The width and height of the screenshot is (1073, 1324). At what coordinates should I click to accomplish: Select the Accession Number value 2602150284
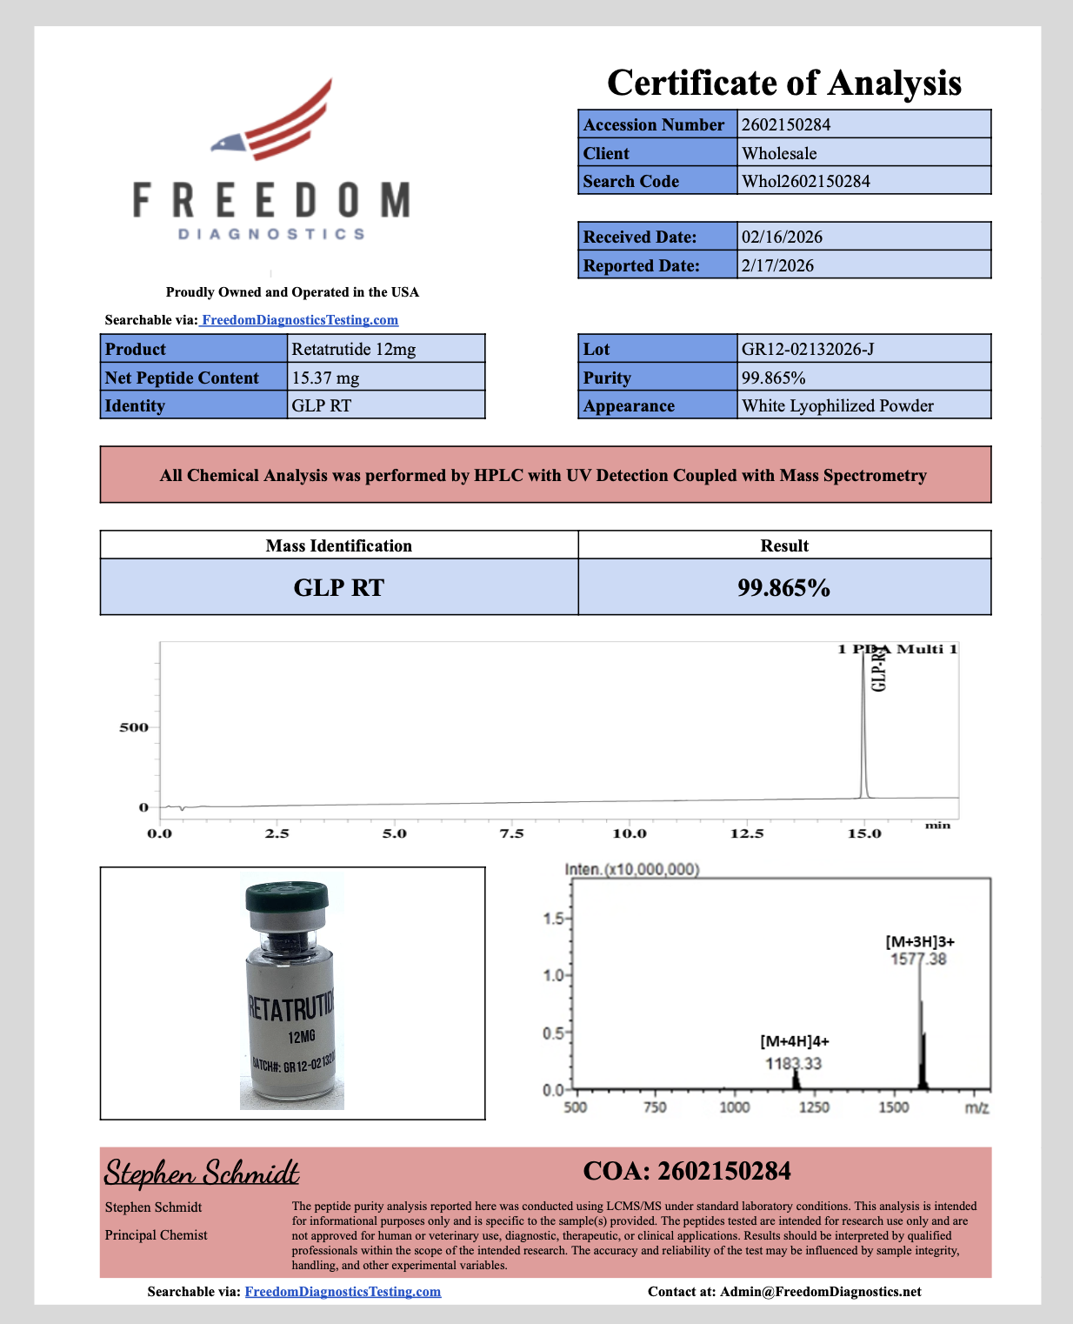point(786,124)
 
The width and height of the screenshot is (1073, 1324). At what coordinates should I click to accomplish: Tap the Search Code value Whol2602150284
point(805,181)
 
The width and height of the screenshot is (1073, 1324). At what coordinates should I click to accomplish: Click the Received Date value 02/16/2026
point(782,237)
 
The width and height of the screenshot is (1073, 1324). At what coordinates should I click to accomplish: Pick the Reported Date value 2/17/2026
point(777,265)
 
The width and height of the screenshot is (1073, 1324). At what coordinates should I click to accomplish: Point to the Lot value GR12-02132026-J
point(808,349)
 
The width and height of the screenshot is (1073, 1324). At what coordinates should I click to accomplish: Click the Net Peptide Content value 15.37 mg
point(325,378)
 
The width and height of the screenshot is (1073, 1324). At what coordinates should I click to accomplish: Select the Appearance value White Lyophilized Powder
point(837,405)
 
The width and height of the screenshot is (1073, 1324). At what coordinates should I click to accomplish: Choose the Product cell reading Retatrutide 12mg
point(354,349)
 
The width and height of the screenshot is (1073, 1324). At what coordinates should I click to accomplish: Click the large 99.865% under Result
point(783,587)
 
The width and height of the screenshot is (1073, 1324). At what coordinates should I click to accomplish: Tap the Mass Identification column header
point(338,545)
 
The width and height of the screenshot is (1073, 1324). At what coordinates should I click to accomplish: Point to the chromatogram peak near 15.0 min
point(863,722)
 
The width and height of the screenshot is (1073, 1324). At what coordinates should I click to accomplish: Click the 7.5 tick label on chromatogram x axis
point(511,833)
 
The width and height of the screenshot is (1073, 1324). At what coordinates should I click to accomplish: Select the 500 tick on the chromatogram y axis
point(134,727)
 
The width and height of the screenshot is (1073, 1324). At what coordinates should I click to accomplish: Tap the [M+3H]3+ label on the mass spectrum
point(920,941)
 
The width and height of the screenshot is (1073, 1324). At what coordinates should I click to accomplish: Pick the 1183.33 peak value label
point(793,1063)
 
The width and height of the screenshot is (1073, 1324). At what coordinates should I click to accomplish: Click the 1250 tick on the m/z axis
point(814,1107)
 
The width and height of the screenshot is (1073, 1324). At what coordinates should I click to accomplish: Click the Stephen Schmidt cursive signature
point(202,1173)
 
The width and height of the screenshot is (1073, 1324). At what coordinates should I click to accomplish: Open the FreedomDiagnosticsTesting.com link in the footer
point(343,1292)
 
